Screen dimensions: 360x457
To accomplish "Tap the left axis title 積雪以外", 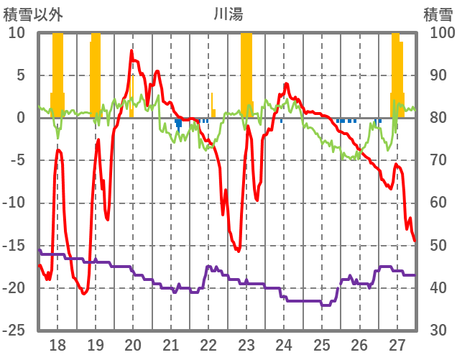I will (x=29, y=14).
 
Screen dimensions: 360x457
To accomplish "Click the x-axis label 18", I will (x=57, y=344).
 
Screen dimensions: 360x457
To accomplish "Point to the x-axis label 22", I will (x=208, y=344).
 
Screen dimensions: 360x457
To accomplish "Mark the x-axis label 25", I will (x=322, y=344).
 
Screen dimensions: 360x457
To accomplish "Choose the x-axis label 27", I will (x=397, y=344).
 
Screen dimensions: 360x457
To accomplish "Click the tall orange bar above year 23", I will (x=246, y=72).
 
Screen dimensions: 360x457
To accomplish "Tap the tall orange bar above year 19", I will (x=96, y=72).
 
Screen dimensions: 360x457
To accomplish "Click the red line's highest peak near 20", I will (x=131, y=51).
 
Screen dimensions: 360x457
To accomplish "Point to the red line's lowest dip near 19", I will (x=84, y=293).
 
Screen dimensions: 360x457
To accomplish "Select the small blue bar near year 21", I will (x=178, y=123).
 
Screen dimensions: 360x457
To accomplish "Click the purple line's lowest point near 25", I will (x=327, y=305).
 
